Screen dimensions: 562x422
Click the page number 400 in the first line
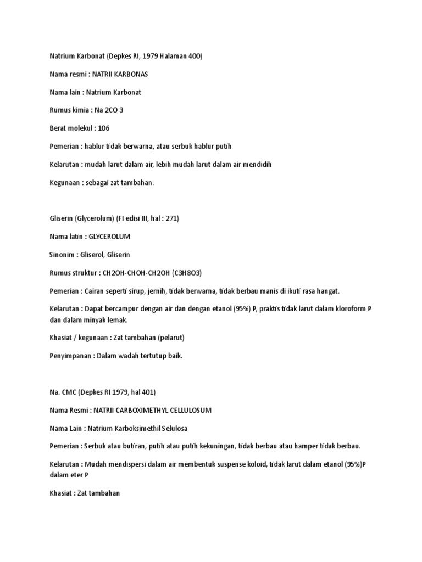[195, 57]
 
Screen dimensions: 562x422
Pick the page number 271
[169, 218]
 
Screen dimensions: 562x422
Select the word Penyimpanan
[70, 356]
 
